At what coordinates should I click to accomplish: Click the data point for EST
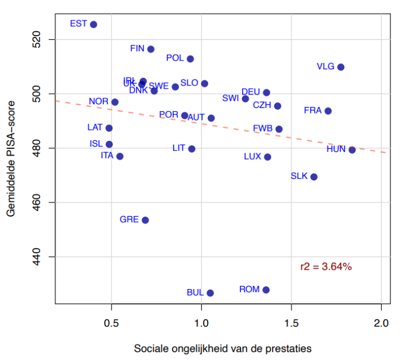click(x=94, y=24)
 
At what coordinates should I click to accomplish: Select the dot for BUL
click(x=210, y=293)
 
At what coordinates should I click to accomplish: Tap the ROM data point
click(x=266, y=290)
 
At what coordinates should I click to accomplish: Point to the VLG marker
click(x=340, y=67)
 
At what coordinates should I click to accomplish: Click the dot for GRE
click(x=145, y=220)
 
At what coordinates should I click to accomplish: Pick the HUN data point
click(x=352, y=150)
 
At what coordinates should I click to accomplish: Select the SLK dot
click(x=314, y=177)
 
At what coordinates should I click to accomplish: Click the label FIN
click(x=137, y=48)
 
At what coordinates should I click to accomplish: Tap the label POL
click(x=175, y=58)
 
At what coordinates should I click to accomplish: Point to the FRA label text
click(x=312, y=110)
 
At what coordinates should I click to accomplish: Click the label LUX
click(x=253, y=157)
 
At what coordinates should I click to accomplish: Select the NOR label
click(x=98, y=101)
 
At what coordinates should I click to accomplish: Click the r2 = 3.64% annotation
click(x=326, y=266)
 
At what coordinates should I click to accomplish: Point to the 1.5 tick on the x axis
click(x=291, y=325)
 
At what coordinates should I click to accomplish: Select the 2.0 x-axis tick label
click(x=381, y=325)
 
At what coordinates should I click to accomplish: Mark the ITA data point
click(x=120, y=156)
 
